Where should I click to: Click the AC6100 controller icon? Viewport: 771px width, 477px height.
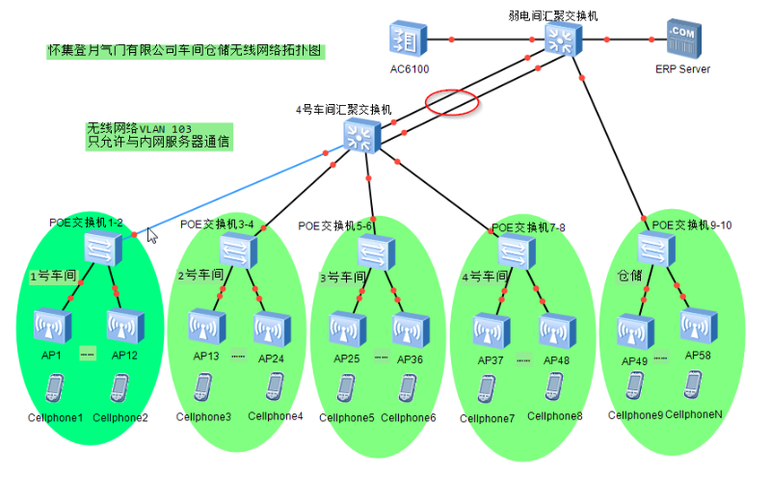(x=409, y=40)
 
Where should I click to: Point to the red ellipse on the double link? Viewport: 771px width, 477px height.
(x=452, y=102)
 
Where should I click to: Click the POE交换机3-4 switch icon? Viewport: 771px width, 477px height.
(x=237, y=250)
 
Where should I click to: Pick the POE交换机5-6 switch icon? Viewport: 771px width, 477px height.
(x=376, y=252)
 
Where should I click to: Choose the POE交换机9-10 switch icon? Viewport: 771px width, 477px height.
(x=656, y=249)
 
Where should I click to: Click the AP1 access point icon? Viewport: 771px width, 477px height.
(x=52, y=327)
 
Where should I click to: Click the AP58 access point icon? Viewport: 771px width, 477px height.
(x=699, y=326)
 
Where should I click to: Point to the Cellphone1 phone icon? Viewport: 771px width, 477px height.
(x=54, y=388)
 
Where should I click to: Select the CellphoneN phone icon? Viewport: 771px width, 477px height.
(x=693, y=384)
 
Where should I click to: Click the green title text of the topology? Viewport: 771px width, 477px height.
(x=184, y=50)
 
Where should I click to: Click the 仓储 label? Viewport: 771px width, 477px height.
(x=629, y=276)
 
